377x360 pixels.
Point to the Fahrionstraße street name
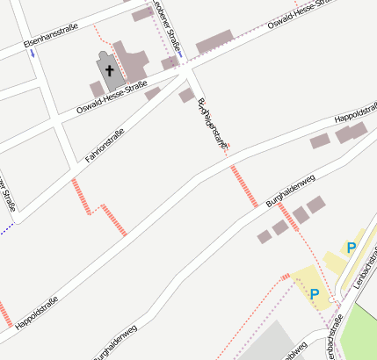click(x=105, y=147)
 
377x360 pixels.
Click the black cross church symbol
click(x=110, y=68)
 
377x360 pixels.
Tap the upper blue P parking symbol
click(x=351, y=248)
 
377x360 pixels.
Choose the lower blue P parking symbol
click(x=315, y=292)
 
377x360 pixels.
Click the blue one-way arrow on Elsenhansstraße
click(x=33, y=53)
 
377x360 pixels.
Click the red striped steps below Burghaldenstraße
click(x=243, y=186)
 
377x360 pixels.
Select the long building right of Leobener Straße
click(x=214, y=41)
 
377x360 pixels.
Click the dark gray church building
click(x=109, y=74)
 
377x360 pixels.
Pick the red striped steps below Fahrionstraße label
click(x=81, y=196)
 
